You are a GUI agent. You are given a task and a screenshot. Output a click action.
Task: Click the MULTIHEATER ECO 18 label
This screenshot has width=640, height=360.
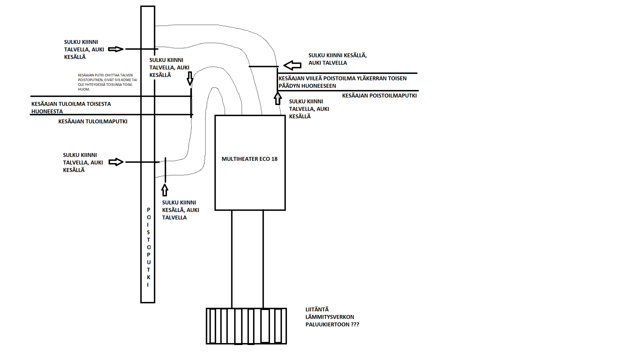pos(249,159)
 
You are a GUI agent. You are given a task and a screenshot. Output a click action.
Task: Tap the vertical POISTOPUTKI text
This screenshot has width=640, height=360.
pos(148,247)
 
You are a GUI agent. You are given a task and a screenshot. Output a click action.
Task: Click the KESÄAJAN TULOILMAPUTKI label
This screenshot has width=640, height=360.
pos(93,122)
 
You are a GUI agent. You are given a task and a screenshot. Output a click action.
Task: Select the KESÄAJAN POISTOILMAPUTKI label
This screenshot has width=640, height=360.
pos(379,96)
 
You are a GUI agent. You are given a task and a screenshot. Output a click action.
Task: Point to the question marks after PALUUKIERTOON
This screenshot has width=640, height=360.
pos(355,324)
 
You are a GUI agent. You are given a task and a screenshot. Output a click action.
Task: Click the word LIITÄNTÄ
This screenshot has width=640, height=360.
pos(317,309)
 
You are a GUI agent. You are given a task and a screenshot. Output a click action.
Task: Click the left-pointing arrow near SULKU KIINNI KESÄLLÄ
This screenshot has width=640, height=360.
pos(292,65)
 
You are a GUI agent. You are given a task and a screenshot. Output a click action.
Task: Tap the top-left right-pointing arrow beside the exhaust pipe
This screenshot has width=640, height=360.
pos(116,49)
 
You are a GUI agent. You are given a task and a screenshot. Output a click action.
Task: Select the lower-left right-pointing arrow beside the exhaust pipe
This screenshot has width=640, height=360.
pos(116,162)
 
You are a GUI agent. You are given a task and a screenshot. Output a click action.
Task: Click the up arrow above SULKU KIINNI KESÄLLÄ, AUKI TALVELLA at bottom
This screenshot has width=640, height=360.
pos(165,190)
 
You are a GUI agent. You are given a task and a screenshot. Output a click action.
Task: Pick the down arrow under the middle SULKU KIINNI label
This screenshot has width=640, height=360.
pos(190,78)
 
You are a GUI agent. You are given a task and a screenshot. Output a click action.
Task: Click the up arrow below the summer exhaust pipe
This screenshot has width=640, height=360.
pos(278,98)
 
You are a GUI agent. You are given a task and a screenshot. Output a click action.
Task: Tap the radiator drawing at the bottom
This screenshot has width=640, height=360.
pos(246,326)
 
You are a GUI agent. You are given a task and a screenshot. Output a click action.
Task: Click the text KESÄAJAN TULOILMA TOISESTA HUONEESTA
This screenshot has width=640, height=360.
pos(71,108)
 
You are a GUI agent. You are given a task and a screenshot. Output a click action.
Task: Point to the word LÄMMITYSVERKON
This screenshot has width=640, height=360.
pos(330,317)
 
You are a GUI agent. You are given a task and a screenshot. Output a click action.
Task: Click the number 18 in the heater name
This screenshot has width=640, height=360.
pos(274,159)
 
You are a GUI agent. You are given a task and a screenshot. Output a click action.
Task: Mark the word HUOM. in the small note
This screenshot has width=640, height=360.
pos(84,89)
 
